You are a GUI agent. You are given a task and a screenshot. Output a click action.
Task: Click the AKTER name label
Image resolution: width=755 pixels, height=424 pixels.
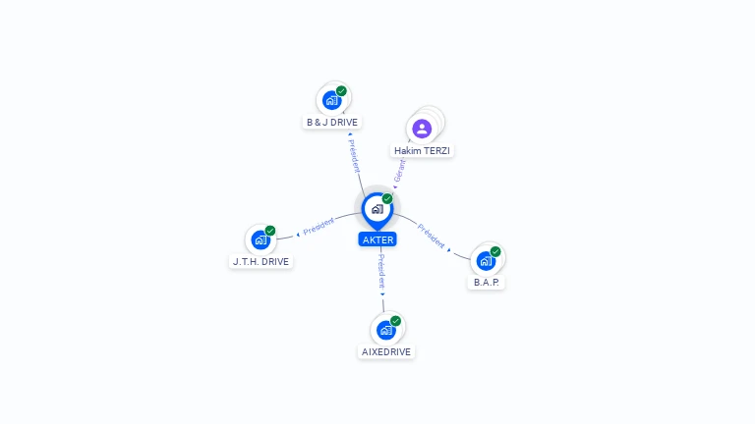coord(377,239)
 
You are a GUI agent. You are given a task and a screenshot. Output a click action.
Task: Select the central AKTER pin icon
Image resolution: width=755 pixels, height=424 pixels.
coord(377,211)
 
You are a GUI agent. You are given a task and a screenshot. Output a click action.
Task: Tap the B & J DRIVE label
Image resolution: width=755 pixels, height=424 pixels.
coord(331,122)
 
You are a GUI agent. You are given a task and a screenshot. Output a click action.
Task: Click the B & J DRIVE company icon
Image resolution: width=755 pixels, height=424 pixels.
coord(331,100)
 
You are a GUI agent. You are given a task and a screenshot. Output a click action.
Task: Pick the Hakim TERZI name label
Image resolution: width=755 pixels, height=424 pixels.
coord(422,150)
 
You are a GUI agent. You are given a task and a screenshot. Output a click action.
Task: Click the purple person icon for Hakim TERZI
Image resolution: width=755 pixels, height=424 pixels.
coord(422,129)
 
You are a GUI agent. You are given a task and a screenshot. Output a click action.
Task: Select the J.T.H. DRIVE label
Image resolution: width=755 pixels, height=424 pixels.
coord(261,261)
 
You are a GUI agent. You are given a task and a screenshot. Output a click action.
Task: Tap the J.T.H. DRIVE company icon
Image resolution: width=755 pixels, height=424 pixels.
coord(261,239)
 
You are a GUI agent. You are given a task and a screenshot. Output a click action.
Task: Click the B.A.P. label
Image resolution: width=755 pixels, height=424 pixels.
coord(486,283)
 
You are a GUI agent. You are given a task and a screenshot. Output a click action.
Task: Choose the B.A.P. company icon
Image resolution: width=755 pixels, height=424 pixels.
coord(486,261)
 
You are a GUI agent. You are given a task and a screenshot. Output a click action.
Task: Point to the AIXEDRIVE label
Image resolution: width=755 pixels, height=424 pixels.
coord(386,352)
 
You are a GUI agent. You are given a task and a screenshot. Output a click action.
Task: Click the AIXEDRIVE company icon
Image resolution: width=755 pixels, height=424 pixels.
coord(385,330)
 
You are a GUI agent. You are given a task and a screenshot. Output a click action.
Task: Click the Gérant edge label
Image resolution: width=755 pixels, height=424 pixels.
coord(400,171)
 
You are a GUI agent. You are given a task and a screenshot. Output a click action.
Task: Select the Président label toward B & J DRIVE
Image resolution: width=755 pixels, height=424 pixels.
coord(354,156)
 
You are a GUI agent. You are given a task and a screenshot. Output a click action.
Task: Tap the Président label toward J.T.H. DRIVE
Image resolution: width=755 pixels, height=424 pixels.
coord(319,226)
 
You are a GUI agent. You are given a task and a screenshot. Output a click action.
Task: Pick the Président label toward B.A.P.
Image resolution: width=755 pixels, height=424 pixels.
coord(431,236)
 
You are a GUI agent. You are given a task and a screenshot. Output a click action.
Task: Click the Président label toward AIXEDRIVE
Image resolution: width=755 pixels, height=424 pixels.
coord(381,272)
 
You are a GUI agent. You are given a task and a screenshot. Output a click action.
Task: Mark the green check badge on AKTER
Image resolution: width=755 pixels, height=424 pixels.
coord(387,198)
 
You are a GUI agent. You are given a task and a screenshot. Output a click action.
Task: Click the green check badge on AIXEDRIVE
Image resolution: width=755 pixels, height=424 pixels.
coord(395,321)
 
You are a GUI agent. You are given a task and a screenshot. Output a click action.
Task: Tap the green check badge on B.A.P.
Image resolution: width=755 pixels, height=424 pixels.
coord(495,251)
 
